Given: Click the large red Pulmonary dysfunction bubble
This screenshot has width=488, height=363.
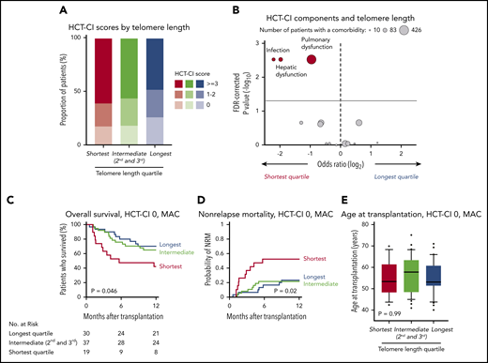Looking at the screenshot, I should click(x=311, y=60).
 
